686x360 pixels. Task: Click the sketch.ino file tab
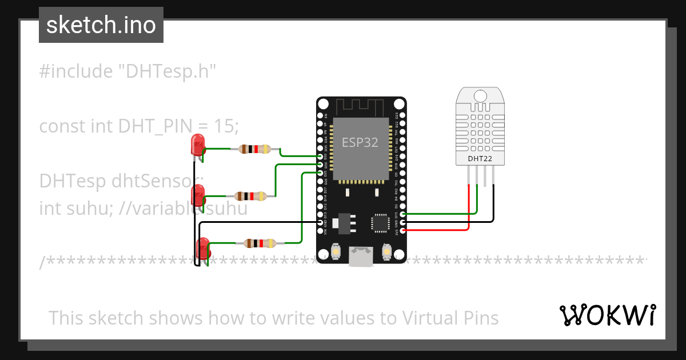coord(101,25)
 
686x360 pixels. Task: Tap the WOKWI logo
coord(607,315)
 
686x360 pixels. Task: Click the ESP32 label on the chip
coord(360,142)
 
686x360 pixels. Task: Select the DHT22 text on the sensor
coord(480,158)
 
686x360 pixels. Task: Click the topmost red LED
coord(198,144)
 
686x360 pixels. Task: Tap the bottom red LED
coord(203,249)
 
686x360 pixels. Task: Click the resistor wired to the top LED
coord(254,149)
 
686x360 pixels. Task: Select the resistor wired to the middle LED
coord(250,196)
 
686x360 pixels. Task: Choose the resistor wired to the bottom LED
coord(260,243)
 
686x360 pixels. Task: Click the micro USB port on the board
coord(361,257)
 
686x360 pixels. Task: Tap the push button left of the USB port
coord(336,251)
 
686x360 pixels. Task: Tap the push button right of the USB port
coord(387,251)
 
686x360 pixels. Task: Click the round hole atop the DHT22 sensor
coord(480,95)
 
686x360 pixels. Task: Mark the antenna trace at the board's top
coord(361,106)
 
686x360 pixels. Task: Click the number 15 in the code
coord(222,126)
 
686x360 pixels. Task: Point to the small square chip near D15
coord(380,223)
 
